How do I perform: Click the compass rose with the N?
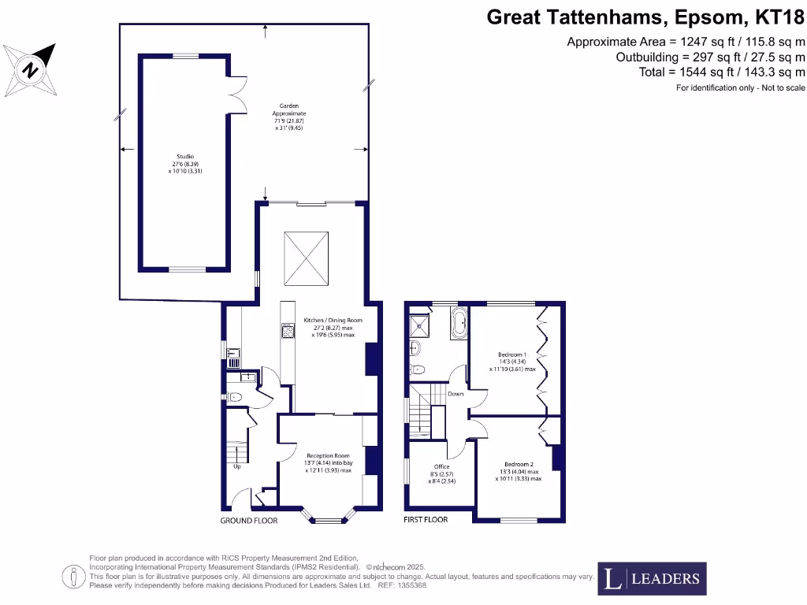tap(30, 69)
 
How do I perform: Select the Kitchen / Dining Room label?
tap(329, 327)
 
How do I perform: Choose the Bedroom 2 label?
tap(518, 470)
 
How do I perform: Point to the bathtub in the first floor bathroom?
tap(459, 323)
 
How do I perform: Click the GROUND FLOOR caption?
tap(248, 521)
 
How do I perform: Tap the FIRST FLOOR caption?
tap(426, 520)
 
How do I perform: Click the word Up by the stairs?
tap(236, 466)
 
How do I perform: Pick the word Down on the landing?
tap(456, 393)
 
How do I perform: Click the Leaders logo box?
tap(652, 579)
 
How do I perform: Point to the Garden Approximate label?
tap(289, 117)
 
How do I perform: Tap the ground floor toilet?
tap(235, 396)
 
